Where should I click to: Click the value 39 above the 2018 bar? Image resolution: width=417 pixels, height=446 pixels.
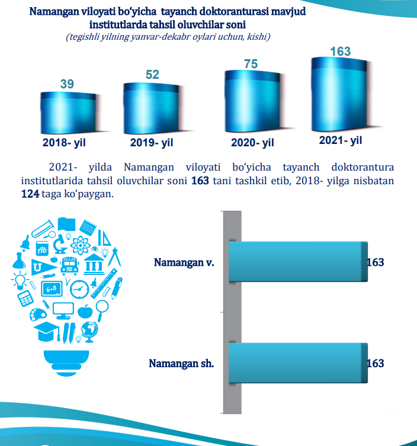[x=67, y=84]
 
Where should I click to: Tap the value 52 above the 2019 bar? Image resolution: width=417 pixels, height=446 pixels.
[x=152, y=75]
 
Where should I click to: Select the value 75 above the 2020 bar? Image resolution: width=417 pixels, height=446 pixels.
[x=251, y=64]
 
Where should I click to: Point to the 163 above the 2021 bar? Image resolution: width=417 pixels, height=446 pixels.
[x=340, y=52]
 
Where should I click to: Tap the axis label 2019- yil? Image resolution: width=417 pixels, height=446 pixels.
[x=152, y=143]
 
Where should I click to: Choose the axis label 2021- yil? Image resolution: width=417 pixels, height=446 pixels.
[x=340, y=140]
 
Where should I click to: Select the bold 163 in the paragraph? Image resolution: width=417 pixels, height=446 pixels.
[x=200, y=181]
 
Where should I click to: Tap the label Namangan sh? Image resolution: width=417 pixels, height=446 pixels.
[x=181, y=363]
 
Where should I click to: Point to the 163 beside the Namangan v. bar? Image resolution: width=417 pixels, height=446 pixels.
[x=376, y=262]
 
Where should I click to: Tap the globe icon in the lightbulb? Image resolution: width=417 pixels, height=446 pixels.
[x=90, y=330]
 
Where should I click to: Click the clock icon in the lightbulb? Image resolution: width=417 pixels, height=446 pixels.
[x=78, y=289]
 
